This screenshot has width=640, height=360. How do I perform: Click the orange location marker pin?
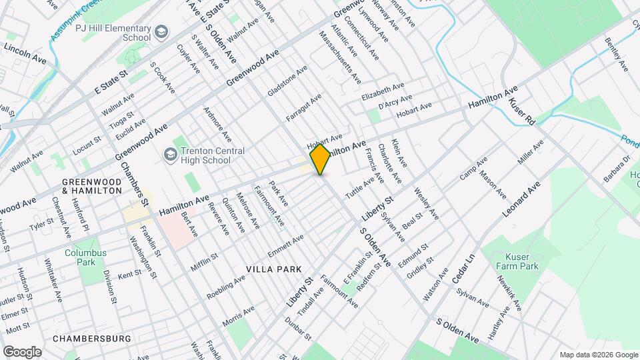point(320,159)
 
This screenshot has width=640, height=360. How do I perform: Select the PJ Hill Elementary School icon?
point(161,32)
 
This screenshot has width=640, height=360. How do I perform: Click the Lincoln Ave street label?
point(25,54)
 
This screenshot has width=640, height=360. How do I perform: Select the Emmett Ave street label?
point(285,246)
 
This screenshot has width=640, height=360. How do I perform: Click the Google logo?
point(22,352)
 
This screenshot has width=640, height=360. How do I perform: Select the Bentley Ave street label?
point(617,55)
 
